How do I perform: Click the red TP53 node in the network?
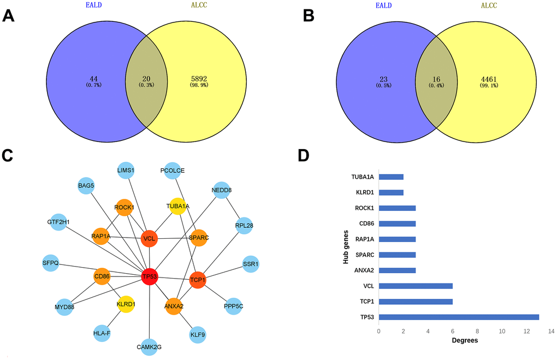point(150,277)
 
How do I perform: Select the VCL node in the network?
point(149,238)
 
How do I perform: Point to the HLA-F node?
point(102,333)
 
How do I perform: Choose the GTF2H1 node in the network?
point(58,222)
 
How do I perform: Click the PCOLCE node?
point(173,170)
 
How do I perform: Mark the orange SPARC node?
point(198,238)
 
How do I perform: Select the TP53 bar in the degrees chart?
point(459,317)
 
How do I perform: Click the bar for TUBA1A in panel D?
point(391,176)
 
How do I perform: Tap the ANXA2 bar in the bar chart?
point(397,270)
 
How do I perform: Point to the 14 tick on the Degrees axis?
point(552,331)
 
